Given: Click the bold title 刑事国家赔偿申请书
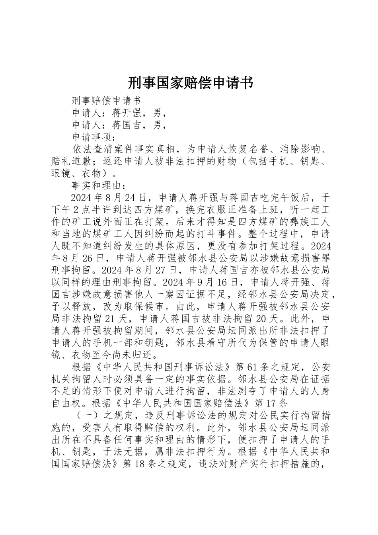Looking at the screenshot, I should point(190,83).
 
